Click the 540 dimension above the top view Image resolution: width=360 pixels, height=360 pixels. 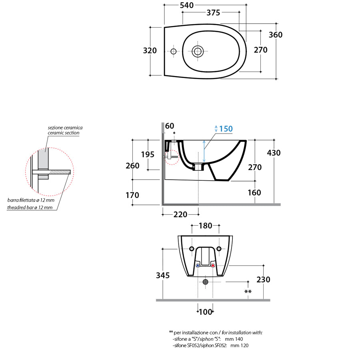pyautogui.click(x=186, y=5)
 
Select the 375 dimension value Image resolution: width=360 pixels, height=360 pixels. pyautogui.click(x=213, y=13)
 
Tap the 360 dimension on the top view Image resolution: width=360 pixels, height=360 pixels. pyautogui.click(x=275, y=35)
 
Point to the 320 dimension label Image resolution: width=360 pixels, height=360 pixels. pyautogui.click(x=150, y=51)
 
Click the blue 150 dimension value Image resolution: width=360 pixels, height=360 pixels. pyautogui.click(x=226, y=129)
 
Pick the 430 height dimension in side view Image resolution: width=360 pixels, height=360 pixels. pyautogui.click(x=274, y=153)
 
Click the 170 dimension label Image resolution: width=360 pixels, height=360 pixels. pyautogui.click(x=132, y=195)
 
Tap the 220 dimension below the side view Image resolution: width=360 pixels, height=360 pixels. pyautogui.click(x=180, y=215)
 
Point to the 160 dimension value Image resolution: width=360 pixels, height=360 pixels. pyautogui.click(x=254, y=192)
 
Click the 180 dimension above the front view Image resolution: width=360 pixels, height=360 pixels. pyautogui.click(x=205, y=226)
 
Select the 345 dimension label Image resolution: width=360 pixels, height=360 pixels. pyautogui.click(x=163, y=276)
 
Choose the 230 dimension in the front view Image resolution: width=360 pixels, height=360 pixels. pyautogui.click(x=263, y=280)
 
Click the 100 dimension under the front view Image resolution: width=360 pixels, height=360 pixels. pyautogui.click(x=205, y=312)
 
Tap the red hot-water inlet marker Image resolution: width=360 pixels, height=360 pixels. pyautogui.click(x=213, y=266)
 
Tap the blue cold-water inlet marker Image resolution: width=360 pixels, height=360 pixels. pyautogui.click(x=198, y=266)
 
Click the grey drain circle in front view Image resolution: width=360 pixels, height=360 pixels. pyautogui.click(x=205, y=282)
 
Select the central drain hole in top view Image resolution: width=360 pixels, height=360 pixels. pyautogui.click(x=198, y=51)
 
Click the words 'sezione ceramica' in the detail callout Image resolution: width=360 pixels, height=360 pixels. pyautogui.click(x=65, y=128)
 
